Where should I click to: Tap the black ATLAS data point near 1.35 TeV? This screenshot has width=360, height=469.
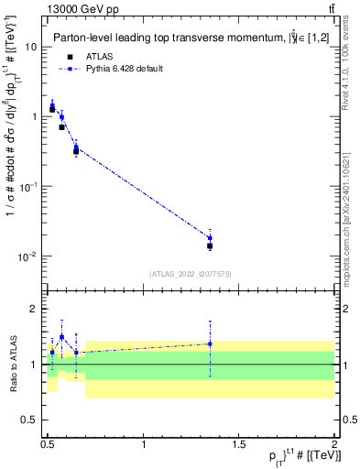(210, 245)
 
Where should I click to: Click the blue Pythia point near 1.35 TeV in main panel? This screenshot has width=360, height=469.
(210, 238)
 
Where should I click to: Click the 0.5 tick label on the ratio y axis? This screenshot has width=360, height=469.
(32, 420)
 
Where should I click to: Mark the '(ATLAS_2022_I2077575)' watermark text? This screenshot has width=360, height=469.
(190, 274)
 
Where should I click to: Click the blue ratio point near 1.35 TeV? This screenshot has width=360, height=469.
(210, 344)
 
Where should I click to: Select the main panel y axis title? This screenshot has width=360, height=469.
(12, 160)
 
